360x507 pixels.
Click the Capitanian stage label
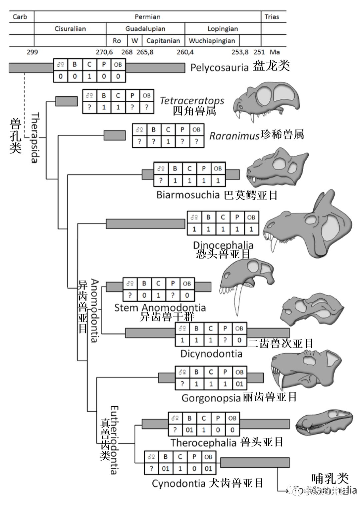tap(163, 41)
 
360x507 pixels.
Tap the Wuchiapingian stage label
tap(212, 41)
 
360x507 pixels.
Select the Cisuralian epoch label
tap(70, 29)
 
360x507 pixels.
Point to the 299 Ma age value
tap(32, 52)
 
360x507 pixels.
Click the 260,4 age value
tap(185, 52)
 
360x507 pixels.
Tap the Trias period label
tap(272, 17)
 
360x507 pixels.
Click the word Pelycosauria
tap(219, 68)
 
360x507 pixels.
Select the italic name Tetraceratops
tap(192, 100)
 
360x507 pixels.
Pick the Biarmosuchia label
tap(188, 195)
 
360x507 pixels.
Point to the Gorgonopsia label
tap(211, 398)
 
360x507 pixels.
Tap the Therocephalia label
tap(203, 443)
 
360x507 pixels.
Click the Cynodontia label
tap(178, 483)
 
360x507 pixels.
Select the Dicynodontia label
tap(211, 354)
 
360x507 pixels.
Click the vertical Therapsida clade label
tap(35, 137)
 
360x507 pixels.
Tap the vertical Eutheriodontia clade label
tap(114, 440)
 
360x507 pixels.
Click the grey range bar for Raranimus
tap(115, 135)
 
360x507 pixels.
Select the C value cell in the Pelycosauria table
tap(89, 76)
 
